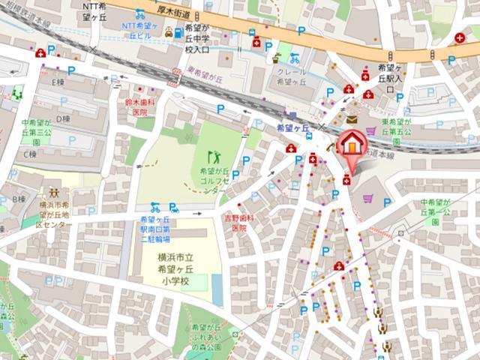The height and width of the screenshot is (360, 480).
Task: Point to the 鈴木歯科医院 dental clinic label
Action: [x=139, y=106]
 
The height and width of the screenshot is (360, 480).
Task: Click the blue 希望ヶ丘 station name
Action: [x=293, y=128]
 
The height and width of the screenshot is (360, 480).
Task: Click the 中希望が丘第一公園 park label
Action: [x=439, y=212]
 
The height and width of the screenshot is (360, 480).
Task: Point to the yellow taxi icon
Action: [x=169, y=32]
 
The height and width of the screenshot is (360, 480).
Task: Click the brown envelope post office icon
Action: [x=352, y=118]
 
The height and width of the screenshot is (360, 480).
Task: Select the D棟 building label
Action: [x=63, y=118]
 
